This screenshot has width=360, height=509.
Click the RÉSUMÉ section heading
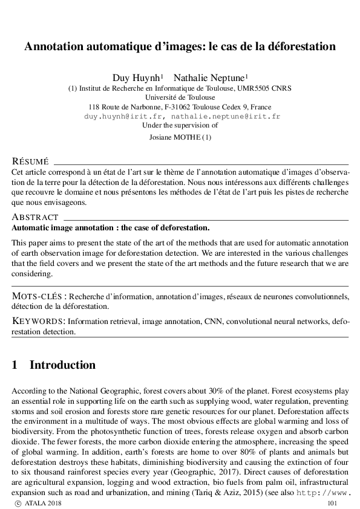[30, 161]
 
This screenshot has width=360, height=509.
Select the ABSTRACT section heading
[35, 217]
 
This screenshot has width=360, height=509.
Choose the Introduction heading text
[62, 365]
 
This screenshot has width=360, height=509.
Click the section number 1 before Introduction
[15, 365]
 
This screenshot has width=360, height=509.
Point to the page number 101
[332, 503]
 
